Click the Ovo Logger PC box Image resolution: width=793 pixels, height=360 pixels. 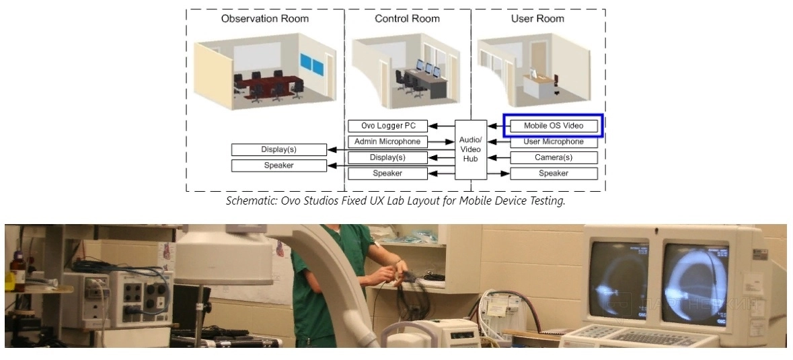pyautogui.click(x=387, y=126)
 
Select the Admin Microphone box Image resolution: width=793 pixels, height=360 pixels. pyautogui.click(x=387, y=142)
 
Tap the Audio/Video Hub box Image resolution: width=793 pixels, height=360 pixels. pyautogui.click(x=470, y=149)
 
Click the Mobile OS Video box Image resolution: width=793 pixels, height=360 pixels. pyautogui.click(x=554, y=126)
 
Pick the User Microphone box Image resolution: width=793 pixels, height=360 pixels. pyautogui.click(x=554, y=142)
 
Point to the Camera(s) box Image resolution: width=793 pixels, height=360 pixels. pyautogui.click(x=554, y=157)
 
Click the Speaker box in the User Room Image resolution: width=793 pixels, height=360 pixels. pyautogui.click(x=554, y=174)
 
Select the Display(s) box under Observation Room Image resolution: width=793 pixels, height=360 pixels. pyautogui.click(x=278, y=149)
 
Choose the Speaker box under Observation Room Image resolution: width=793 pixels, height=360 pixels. pyautogui.click(x=278, y=166)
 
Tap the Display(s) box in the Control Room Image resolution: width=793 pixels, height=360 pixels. pyautogui.click(x=387, y=157)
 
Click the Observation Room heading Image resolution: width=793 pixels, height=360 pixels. pyautogui.click(x=265, y=19)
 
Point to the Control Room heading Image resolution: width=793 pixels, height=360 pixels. pyautogui.click(x=408, y=19)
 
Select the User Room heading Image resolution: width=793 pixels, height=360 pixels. pyautogui.click(x=537, y=19)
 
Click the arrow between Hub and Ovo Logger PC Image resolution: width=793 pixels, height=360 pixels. pyautogui.click(x=441, y=126)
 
